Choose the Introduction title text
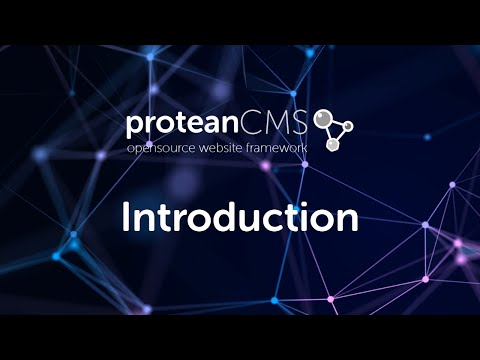[240, 217]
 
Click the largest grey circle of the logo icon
[323, 118]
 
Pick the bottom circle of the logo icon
[333, 145]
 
